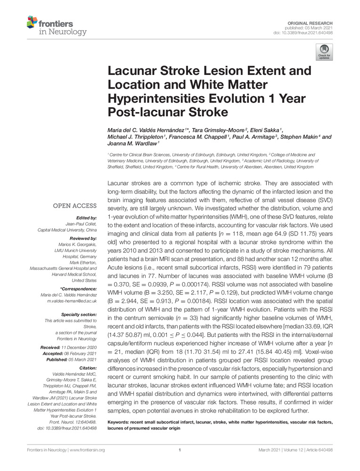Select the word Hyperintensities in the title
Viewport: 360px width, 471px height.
click(153, 99)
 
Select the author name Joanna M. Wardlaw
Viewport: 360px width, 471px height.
click(130, 145)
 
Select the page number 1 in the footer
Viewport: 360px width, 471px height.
click(180, 450)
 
